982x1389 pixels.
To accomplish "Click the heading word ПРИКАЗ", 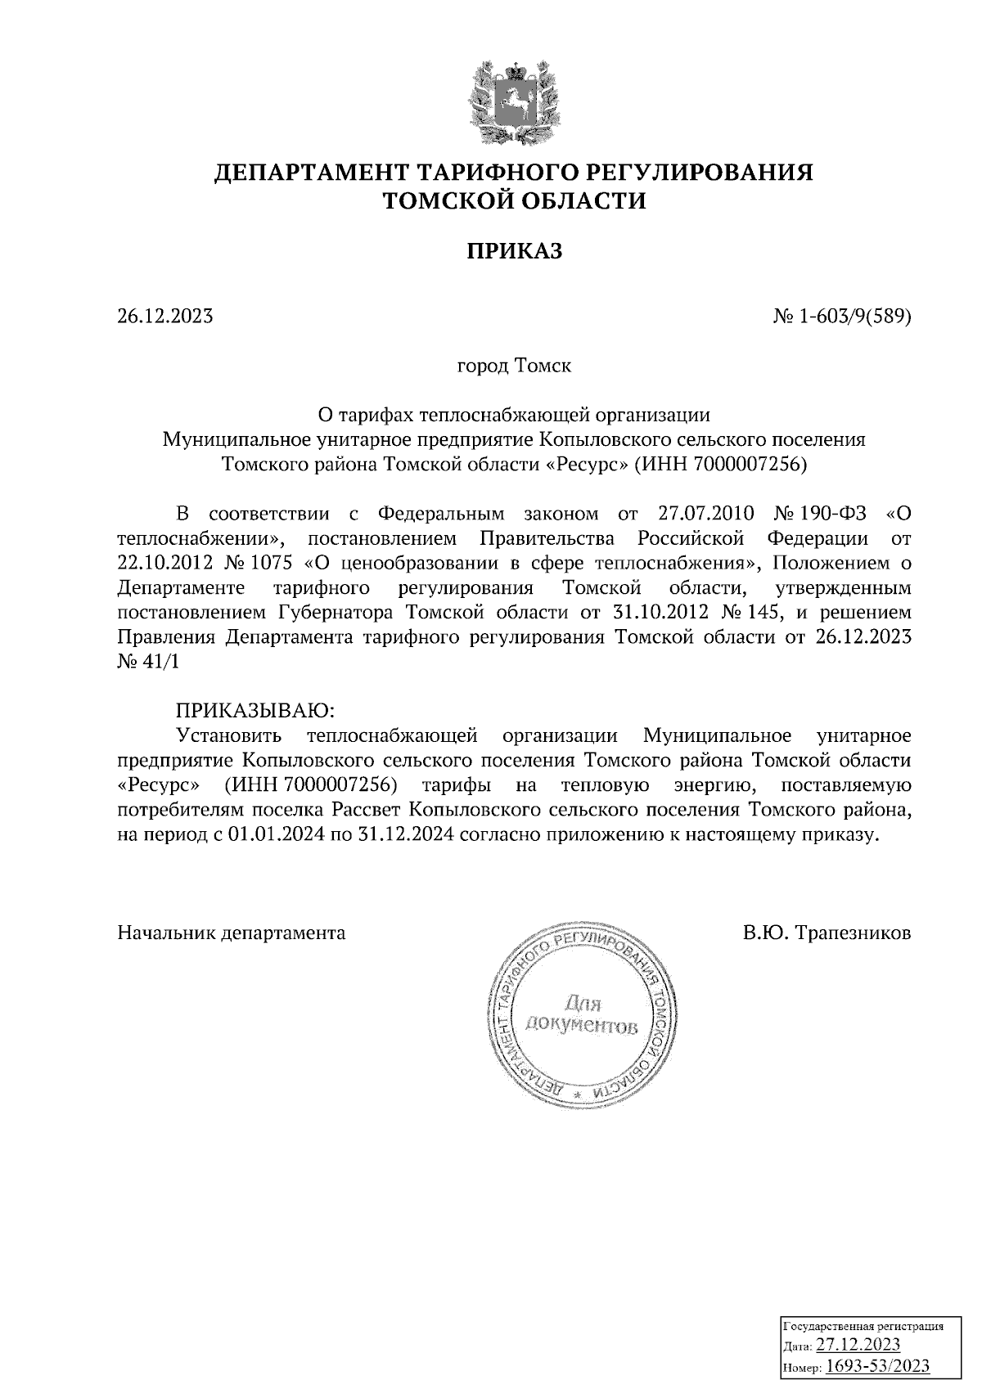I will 515,250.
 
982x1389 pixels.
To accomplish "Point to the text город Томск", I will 514,366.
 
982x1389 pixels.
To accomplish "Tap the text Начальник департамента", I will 232,933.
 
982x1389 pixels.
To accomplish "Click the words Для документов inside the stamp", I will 583,1014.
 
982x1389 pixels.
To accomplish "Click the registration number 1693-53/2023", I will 876,1366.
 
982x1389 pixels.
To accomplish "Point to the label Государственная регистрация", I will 863,1326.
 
